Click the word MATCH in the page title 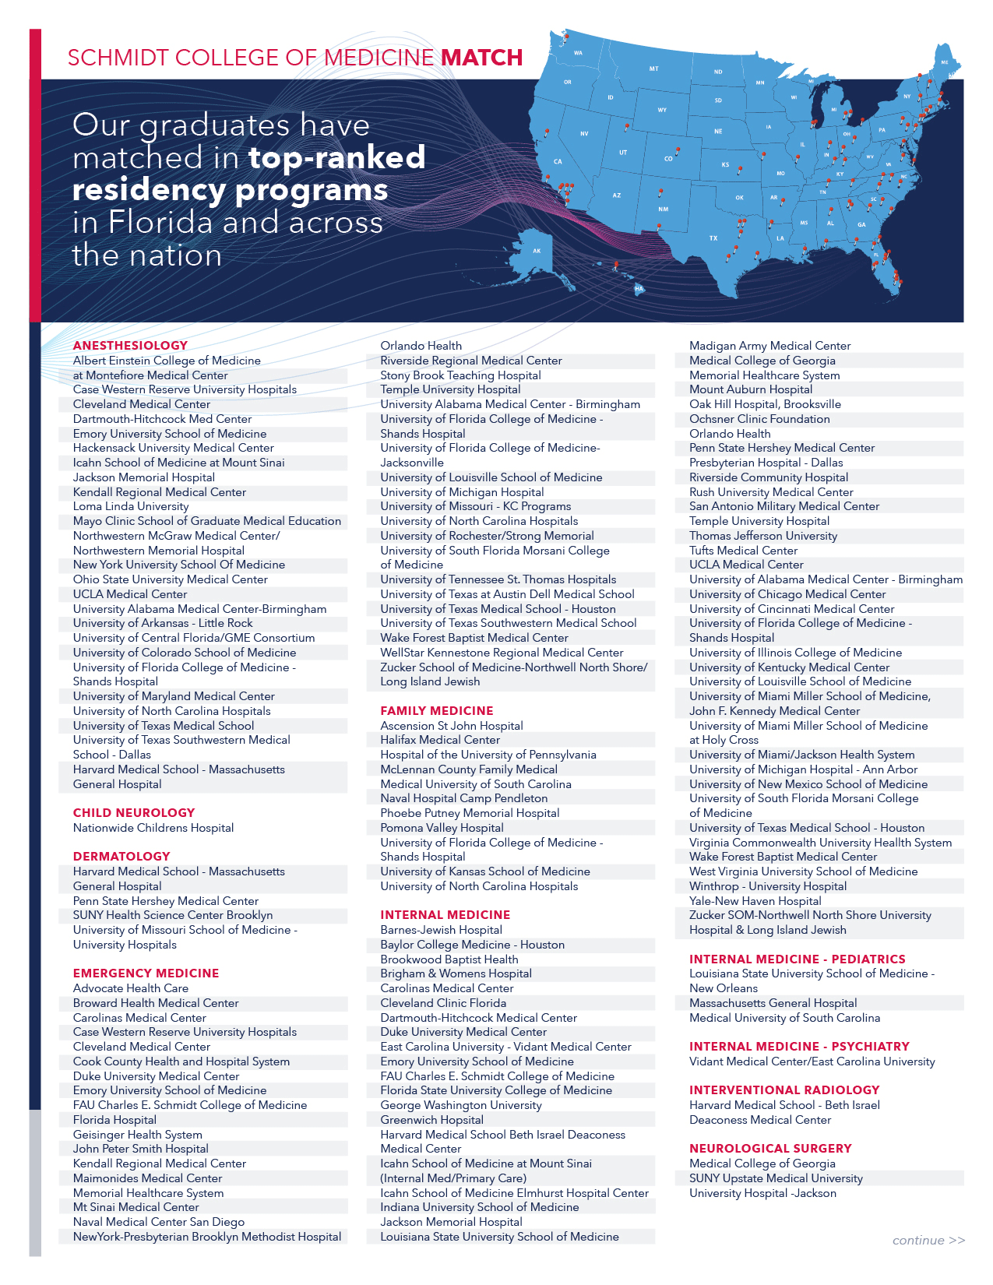coord(482,58)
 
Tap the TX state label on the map coord(713,238)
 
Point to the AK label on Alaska coord(537,251)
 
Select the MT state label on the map coord(654,69)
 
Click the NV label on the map coord(584,134)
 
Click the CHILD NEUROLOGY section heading coord(134,813)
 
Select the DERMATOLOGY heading coord(121,857)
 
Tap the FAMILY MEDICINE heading coord(437,711)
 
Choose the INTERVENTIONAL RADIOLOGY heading coord(784,1090)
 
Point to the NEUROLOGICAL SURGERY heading coord(770,1149)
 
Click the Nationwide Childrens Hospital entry coord(153,828)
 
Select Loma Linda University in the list coord(131,506)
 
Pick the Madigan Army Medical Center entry coord(769,346)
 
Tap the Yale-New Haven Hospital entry coord(755,901)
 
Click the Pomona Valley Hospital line coord(442,828)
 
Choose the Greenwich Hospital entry coord(431,1120)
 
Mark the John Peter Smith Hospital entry coord(141,1149)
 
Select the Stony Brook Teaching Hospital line coord(460,375)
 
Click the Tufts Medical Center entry coord(743,551)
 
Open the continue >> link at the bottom coord(928,1241)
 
